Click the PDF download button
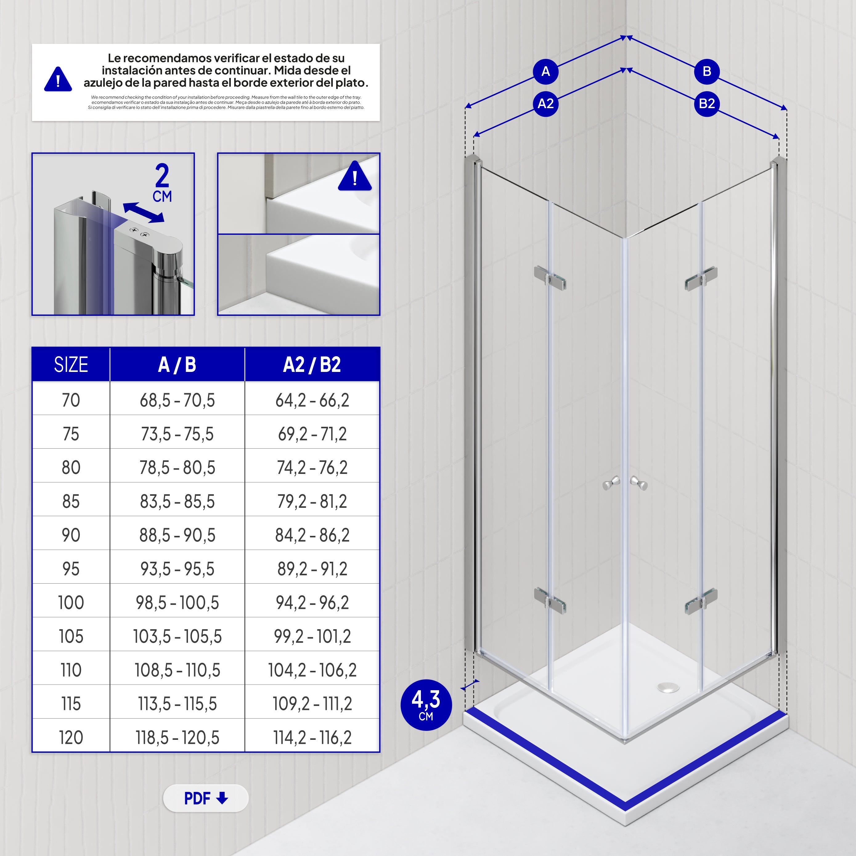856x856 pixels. (x=206, y=798)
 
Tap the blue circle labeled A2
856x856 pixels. (x=545, y=104)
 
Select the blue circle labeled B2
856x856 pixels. (x=707, y=104)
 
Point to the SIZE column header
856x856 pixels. (x=71, y=365)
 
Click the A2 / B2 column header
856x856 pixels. (x=312, y=365)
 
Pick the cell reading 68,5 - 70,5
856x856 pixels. (x=177, y=400)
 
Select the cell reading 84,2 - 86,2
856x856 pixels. (x=312, y=535)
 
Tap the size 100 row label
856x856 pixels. (x=71, y=603)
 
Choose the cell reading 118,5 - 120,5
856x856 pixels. (x=177, y=738)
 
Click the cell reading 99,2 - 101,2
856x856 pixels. (x=312, y=637)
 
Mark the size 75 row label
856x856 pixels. (x=71, y=434)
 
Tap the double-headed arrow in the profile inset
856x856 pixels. (x=143, y=213)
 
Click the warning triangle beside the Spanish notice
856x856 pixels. (x=58, y=80)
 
